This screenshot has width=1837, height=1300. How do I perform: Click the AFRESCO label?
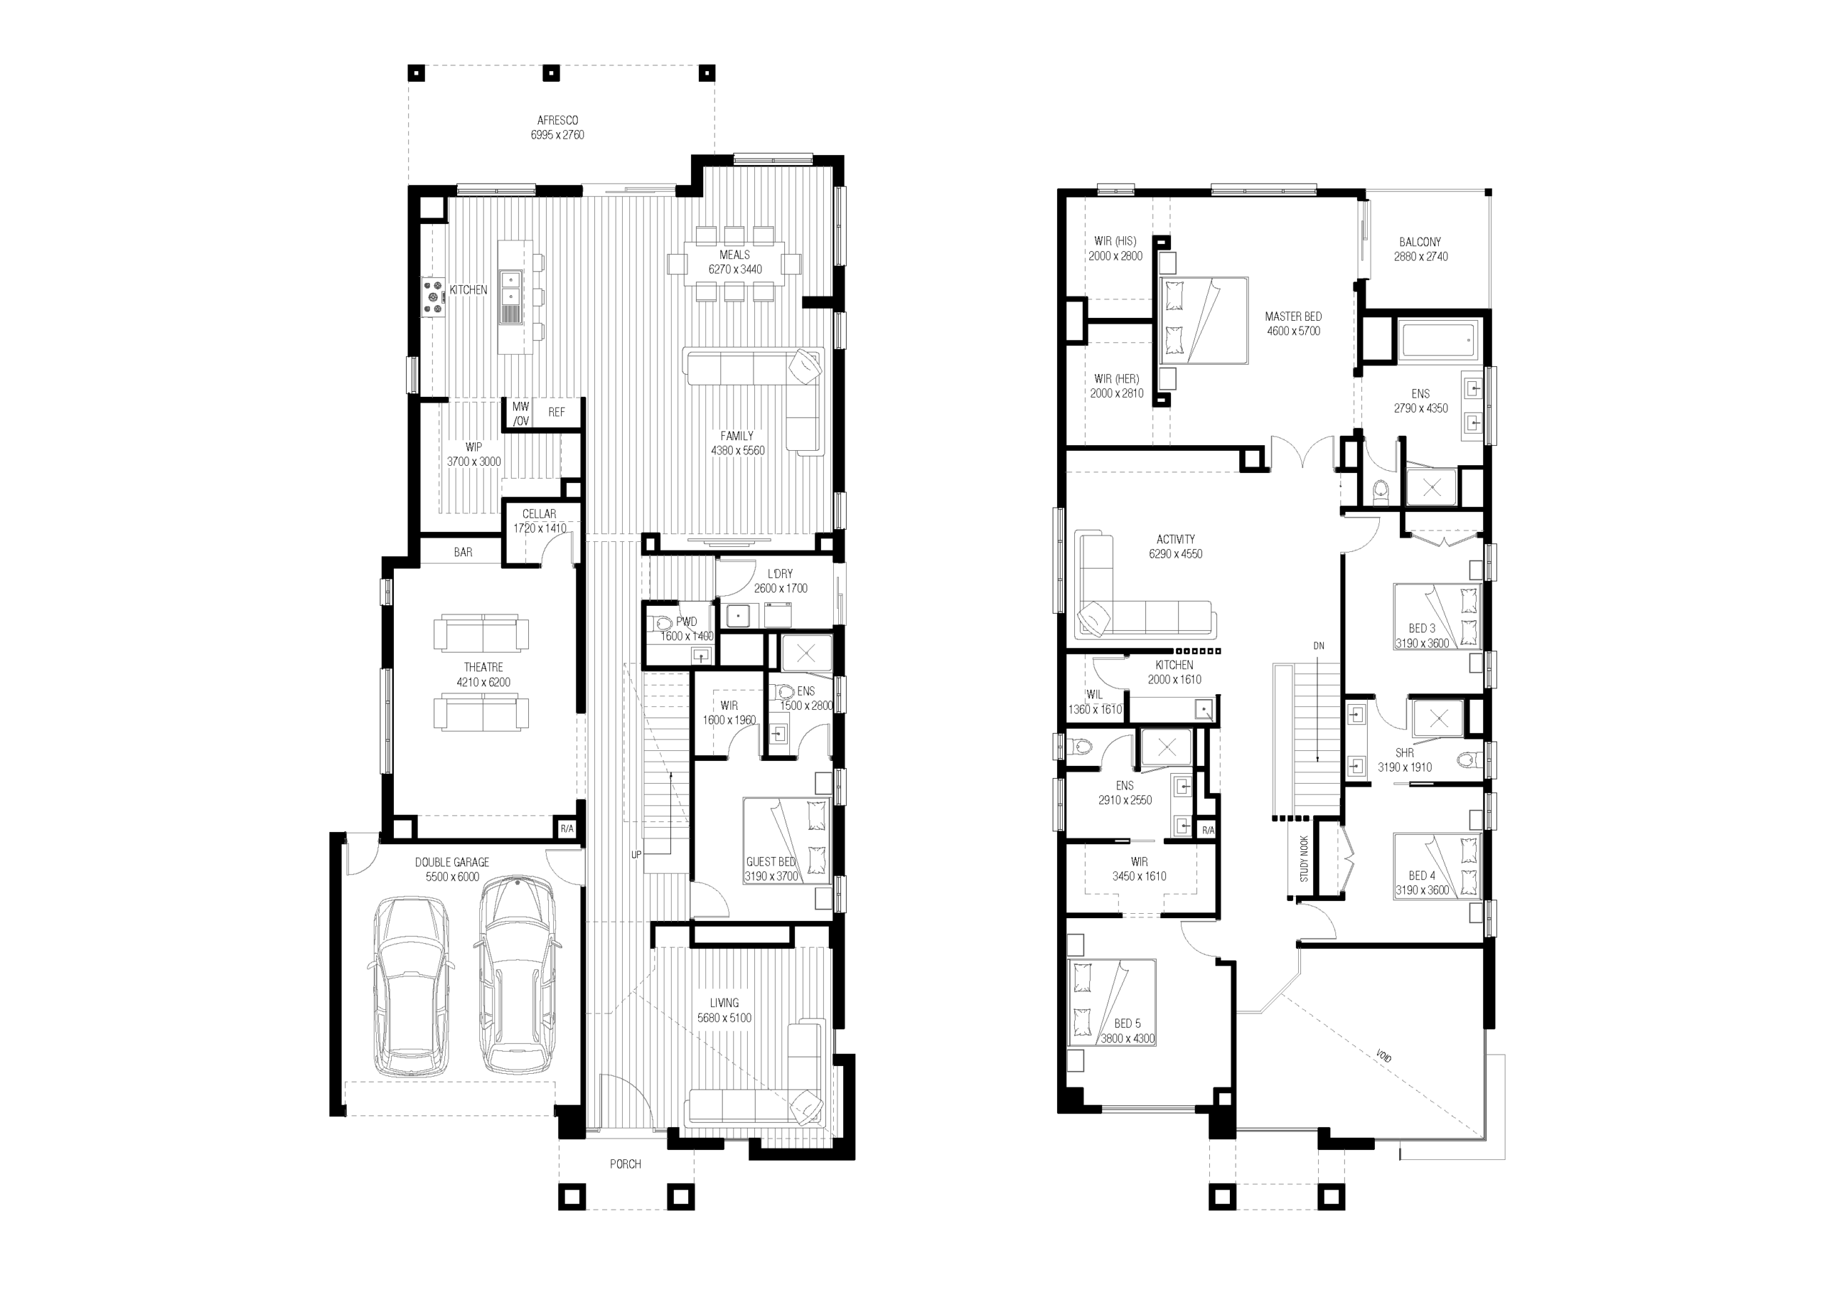coord(557,120)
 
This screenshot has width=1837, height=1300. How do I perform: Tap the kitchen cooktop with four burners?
coord(434,297)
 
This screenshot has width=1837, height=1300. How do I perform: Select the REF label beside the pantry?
coord(556,412)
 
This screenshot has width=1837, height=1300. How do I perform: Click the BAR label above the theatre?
coord(464,552)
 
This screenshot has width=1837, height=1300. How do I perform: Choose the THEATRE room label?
coord(483,667)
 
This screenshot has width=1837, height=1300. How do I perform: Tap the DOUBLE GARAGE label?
coord(452,862)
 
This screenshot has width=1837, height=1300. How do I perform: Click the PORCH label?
coord(625,1164)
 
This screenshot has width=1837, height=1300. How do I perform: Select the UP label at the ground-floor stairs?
coord(636,855)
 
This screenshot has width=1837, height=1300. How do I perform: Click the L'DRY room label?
coord(780,574)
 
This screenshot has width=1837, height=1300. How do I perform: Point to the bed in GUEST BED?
coord(786,841)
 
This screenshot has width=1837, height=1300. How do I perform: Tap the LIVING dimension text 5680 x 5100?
coord(724,1018)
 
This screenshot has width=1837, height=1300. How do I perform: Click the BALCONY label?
coord(1420,242)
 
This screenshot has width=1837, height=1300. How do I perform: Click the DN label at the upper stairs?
coord(1318,646)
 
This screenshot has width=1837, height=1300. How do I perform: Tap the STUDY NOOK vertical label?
coord(1304,860)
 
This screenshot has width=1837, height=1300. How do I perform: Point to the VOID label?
coord(1383,1056)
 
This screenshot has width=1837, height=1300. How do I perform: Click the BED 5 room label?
coord(1127,1024)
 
